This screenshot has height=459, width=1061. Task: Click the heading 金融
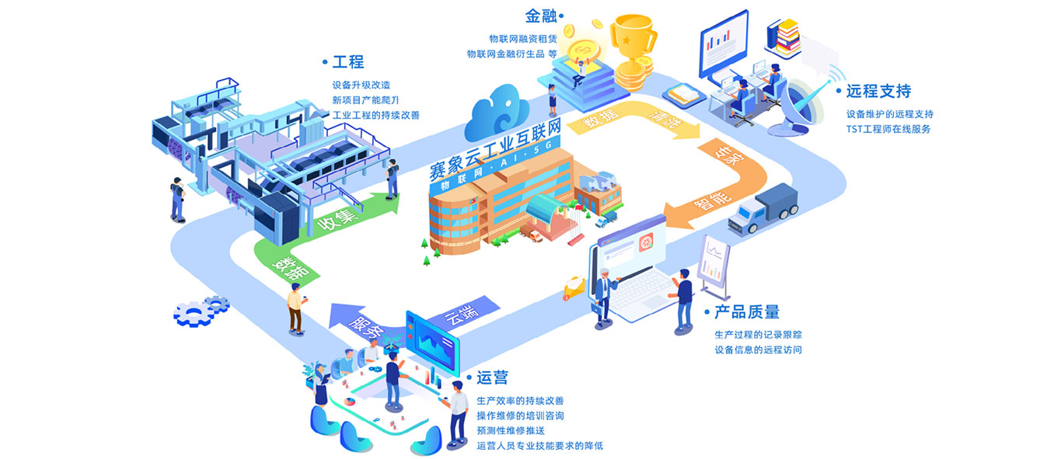pyautogui.click(x=542, y=16)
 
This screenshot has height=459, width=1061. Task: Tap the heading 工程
pyautogui.click(x=347, y=62)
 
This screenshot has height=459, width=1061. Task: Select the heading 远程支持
pyautogui.click(x=878, y=91)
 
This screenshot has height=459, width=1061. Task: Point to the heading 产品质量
pyautogui.click(x=746, y=312)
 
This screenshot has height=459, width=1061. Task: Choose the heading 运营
pyautogui.click(x=492, y=377)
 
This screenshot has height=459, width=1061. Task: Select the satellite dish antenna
pyautogui.click(x=808, y=101)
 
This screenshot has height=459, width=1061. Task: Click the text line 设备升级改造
pyautogui.click(x=361, y=85)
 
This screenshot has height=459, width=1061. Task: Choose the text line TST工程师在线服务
pyautogui.click(x=888, y=129)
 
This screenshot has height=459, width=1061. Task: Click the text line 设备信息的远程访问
pyautogui.click(x=758, y=349)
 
